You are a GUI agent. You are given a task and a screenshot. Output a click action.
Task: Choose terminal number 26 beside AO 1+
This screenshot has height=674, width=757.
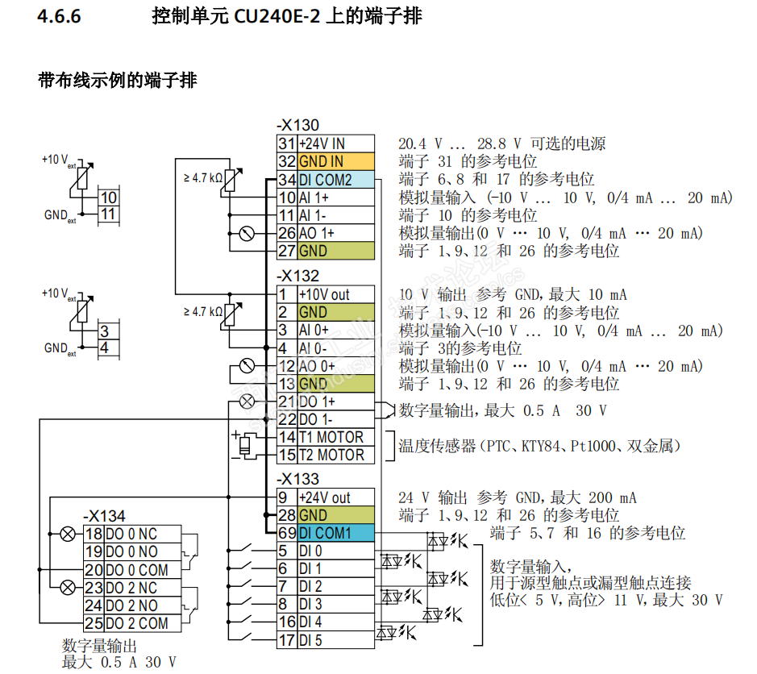(287, 233)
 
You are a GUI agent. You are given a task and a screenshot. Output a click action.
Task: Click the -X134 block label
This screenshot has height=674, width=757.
(104, 516)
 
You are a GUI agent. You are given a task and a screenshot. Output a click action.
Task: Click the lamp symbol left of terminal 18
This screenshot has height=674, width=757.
(68, 534)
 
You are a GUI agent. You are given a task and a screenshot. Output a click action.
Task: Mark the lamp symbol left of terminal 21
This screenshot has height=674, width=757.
(247, 401)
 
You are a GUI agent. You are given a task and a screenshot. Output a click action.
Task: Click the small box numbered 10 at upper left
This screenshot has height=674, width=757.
(108, 198)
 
